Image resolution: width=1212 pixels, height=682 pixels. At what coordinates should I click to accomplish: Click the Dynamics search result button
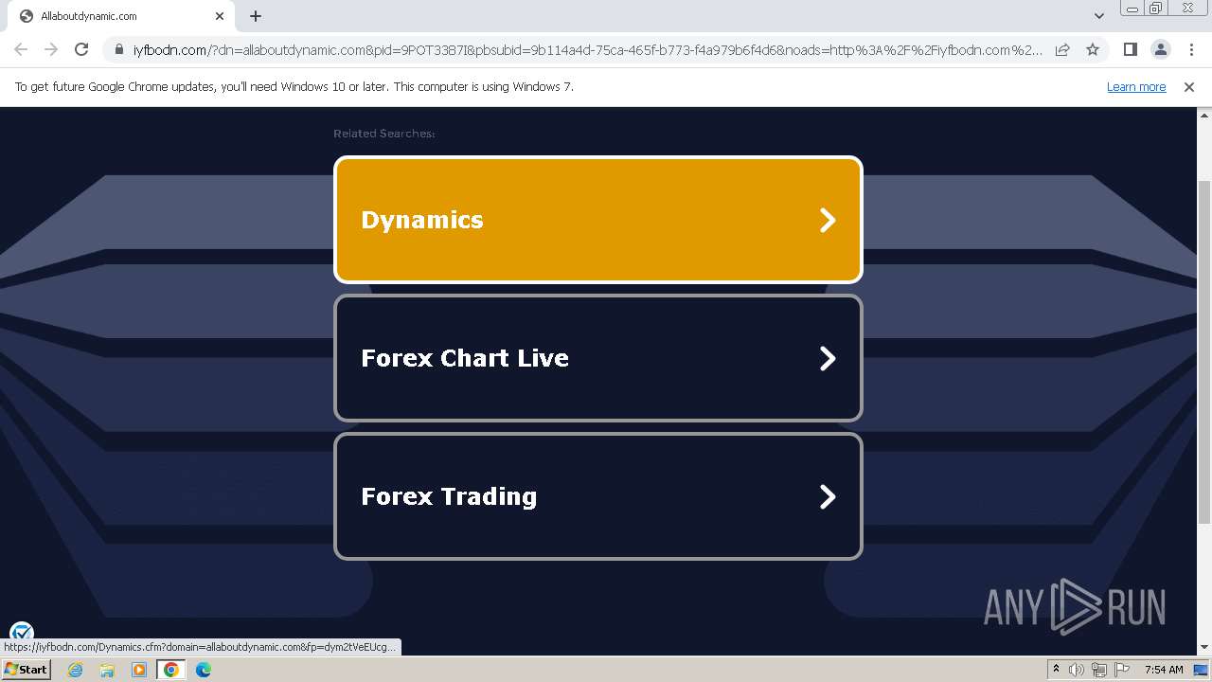[x=597, y=220]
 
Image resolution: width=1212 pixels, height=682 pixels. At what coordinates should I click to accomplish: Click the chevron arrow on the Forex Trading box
[x=828, y=496]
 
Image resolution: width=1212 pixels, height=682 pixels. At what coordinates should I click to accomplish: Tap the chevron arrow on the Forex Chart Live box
[x=828, y=358]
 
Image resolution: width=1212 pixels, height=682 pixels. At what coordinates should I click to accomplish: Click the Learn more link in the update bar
[x=1136, y=86]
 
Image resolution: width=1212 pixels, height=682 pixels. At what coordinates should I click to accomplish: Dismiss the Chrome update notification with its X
[x=1189, y=86]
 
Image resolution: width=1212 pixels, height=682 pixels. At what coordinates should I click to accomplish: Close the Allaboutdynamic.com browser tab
[x=220, y=16]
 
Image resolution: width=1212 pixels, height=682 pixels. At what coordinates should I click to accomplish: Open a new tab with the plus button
[x=256, y=16]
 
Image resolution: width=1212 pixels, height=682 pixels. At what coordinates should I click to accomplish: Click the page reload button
[x=81, y=49]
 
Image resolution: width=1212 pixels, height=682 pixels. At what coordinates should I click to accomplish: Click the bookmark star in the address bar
[x=1093, y=49]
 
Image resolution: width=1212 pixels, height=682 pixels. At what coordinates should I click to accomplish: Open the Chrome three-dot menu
[x=1191, y=49]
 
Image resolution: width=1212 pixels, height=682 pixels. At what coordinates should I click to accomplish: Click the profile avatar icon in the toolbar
[x=1160, y=49]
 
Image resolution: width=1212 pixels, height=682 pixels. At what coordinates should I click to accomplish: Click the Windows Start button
[x=26, y=670]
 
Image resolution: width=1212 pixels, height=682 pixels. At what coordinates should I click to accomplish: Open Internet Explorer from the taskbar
[x=75, y=670]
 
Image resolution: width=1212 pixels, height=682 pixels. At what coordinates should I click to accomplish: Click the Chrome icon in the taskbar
[x=170, y=670]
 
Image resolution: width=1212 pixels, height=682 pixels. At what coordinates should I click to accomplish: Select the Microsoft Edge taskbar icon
[x=203, y=670]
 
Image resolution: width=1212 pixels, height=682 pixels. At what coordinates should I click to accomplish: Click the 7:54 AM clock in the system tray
[x=1164, y=670]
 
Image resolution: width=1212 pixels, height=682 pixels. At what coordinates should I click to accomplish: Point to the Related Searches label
[x=383, y=134]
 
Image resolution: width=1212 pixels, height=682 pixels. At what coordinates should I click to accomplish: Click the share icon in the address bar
[x=1062, y=49]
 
